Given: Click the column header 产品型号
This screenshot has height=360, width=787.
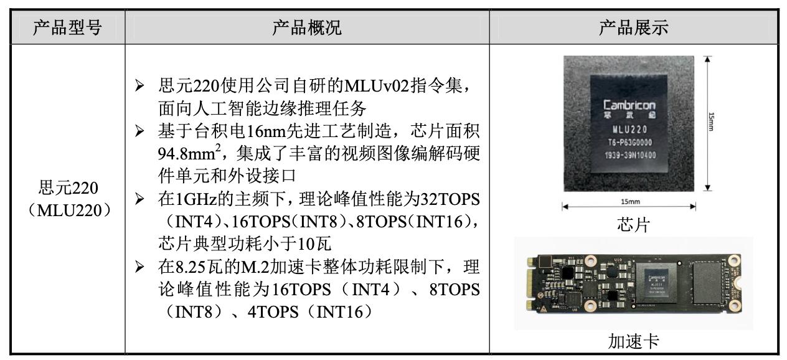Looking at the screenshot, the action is [67, 27].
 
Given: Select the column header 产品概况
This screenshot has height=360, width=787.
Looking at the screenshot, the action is [307, 27].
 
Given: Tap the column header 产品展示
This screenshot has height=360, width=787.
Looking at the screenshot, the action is [633, 27].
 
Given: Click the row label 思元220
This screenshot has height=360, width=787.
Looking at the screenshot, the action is [68, 187].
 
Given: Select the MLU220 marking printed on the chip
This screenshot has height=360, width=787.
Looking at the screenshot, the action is [629, 130].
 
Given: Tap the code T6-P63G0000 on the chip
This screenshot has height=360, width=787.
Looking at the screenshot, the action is [629, 143].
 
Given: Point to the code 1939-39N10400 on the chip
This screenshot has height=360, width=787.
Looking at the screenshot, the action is [630, 155].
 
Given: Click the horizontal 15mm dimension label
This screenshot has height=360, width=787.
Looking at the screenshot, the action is [630, 201].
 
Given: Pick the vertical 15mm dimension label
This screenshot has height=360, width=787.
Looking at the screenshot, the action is [711, 121].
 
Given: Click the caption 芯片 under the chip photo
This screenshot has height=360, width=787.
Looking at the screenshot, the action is [633, 225].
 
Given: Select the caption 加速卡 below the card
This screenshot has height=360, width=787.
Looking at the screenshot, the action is [633, 341].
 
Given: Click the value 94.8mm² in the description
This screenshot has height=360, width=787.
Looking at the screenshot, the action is [189, 153].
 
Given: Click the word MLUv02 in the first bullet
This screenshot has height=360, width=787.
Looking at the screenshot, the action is [377, 86].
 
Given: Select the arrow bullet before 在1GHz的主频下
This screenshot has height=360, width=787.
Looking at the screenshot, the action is [139, 199].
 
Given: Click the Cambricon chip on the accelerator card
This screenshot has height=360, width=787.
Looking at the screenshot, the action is [656, 284].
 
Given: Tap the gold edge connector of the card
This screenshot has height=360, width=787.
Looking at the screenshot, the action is [532, 285].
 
